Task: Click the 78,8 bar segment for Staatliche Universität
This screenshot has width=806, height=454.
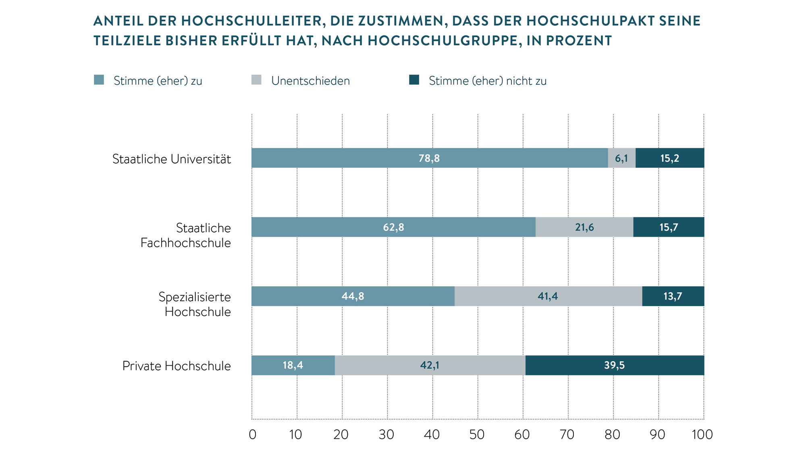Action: [x=430, y=158]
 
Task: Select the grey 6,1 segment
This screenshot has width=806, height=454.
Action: [x=621, y=158]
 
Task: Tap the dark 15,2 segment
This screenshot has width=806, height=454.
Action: [x=670, y=158]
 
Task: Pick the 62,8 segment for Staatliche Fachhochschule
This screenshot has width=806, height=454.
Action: [x=393, y=227]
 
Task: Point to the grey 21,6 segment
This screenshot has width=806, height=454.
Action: [x=584, y=227]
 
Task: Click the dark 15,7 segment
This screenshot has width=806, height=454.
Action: [x=669, y=227]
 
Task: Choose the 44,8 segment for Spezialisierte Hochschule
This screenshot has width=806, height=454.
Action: [x=353, y=296]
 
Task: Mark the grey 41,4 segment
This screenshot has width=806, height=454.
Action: [x=548, y=296]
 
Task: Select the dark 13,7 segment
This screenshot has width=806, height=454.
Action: [x=673, y=296]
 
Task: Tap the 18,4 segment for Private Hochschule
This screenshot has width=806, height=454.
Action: [x=293, y=365]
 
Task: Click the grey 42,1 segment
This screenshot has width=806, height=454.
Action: [x=430, y=365]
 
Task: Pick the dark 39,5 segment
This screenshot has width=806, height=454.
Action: [x=615, y=365]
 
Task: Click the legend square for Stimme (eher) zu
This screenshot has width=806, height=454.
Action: [x=99, y=80]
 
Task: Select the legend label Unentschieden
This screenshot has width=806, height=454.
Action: [x=310, y=81]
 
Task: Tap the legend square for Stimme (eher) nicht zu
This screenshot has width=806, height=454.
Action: [x=414, y=80]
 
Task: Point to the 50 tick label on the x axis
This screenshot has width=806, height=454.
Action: [x=477, y=435]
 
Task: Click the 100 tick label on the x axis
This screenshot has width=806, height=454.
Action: [x=702, y=435]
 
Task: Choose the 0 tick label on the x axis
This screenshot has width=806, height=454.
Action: [x=253, y=435]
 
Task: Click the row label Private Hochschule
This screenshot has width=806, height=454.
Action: [x=177, y=366]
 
